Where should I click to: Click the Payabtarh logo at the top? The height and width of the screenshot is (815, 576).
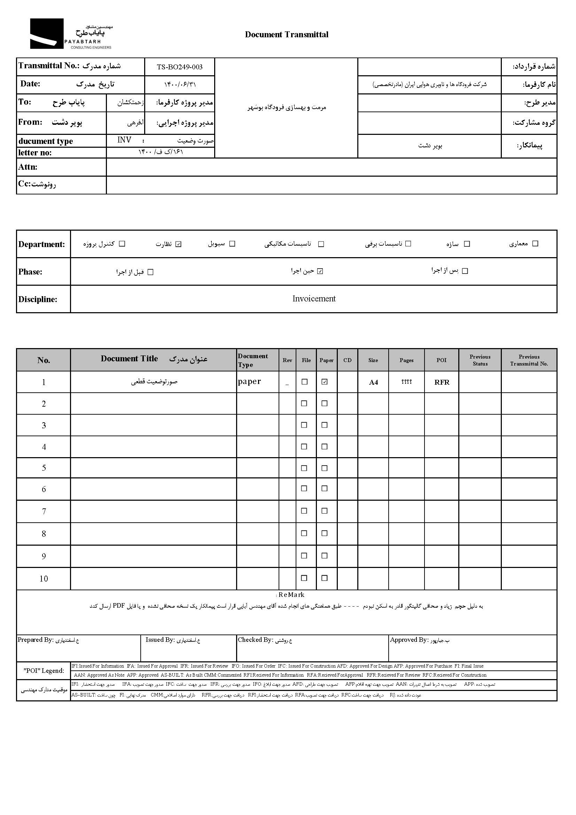(x=70, y=34)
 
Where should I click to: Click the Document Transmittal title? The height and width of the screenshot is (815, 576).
(x=287, y=34)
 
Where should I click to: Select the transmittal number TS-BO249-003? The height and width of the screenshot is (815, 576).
(x=179, y=67)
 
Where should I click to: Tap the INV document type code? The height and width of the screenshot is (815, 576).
(x=124, y=140)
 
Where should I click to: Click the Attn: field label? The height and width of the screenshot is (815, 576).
(x=28, y=167)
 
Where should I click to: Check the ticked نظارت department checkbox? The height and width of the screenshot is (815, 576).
(x=178, y=244)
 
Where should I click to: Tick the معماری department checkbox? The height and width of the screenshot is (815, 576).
(x=536, y=244)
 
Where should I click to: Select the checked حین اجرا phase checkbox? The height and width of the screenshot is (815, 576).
(x=320, y=271)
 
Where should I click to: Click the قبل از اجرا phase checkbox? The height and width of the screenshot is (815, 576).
(x=150, y=272)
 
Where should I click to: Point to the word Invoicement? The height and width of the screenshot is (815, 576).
(x=314, y=299)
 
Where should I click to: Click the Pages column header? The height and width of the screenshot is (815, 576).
(x=406, y=360)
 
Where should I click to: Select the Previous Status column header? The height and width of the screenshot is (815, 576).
(x=480, y=360)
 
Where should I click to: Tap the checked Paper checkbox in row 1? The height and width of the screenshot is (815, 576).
(x=324, y=382)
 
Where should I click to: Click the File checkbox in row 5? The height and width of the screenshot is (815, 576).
(x=304, y=468)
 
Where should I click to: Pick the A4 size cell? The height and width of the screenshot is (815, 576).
(x=373, y=382)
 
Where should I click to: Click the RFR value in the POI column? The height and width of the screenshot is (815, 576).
(x=442, y=382)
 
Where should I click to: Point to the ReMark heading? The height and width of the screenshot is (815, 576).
(x=291, y=595)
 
